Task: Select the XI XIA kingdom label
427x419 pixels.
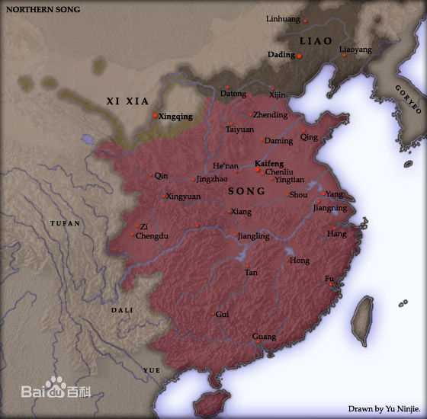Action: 127,101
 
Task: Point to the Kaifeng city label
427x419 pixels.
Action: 269,163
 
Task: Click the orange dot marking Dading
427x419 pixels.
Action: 299,56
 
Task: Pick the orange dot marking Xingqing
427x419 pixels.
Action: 155,116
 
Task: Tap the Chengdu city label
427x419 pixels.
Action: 153,236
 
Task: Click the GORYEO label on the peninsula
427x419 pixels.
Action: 408,98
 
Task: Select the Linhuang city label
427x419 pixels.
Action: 283,18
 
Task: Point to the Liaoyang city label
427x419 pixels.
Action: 355,50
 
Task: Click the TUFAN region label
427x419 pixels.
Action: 65,223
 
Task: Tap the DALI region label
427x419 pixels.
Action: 122,310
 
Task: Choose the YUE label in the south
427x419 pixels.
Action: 152,370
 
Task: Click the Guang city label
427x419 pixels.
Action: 264,336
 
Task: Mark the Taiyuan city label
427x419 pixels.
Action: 239,130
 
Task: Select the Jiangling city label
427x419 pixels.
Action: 253,236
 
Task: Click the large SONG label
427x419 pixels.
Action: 246,190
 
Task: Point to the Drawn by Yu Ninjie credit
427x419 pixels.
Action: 384,409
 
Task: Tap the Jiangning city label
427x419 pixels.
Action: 329,208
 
